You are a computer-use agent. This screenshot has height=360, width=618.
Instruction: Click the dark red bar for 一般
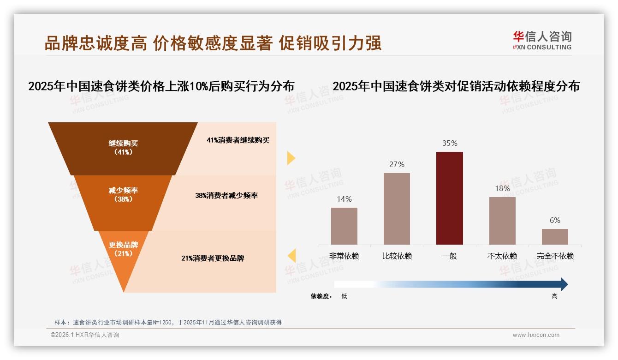449,198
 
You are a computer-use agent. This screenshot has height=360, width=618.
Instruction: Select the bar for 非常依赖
344,226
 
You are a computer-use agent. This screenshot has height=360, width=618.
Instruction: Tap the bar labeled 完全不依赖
555,236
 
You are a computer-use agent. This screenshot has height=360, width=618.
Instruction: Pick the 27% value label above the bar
397,165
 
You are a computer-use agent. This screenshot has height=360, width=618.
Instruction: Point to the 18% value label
502,188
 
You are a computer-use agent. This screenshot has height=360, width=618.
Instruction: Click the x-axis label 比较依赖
397,256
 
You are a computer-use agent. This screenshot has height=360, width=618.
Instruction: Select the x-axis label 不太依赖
502,256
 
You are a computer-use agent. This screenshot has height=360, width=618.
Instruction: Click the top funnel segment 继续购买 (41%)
123,148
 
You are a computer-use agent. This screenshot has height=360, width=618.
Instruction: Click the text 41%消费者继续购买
238,140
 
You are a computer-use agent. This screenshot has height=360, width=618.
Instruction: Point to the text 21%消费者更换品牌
213,258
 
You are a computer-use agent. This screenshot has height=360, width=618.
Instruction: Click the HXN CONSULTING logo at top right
542,41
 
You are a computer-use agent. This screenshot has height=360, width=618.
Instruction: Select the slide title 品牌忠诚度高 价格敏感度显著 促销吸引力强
213,43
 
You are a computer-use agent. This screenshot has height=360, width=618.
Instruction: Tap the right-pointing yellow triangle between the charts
291,158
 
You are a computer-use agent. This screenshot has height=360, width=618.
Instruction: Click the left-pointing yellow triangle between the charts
291,255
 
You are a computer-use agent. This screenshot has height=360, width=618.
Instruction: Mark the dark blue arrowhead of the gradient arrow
564,284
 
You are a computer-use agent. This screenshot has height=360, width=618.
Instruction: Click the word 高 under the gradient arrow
554,296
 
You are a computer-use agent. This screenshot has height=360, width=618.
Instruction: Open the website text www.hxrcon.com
536,335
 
